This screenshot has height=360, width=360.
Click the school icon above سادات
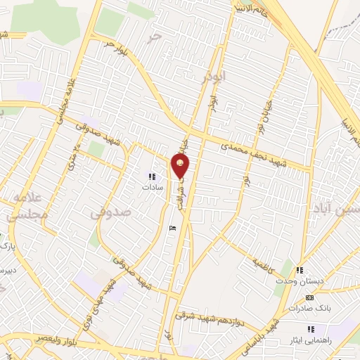[151, 176]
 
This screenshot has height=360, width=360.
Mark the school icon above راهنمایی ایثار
[309, 328]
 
